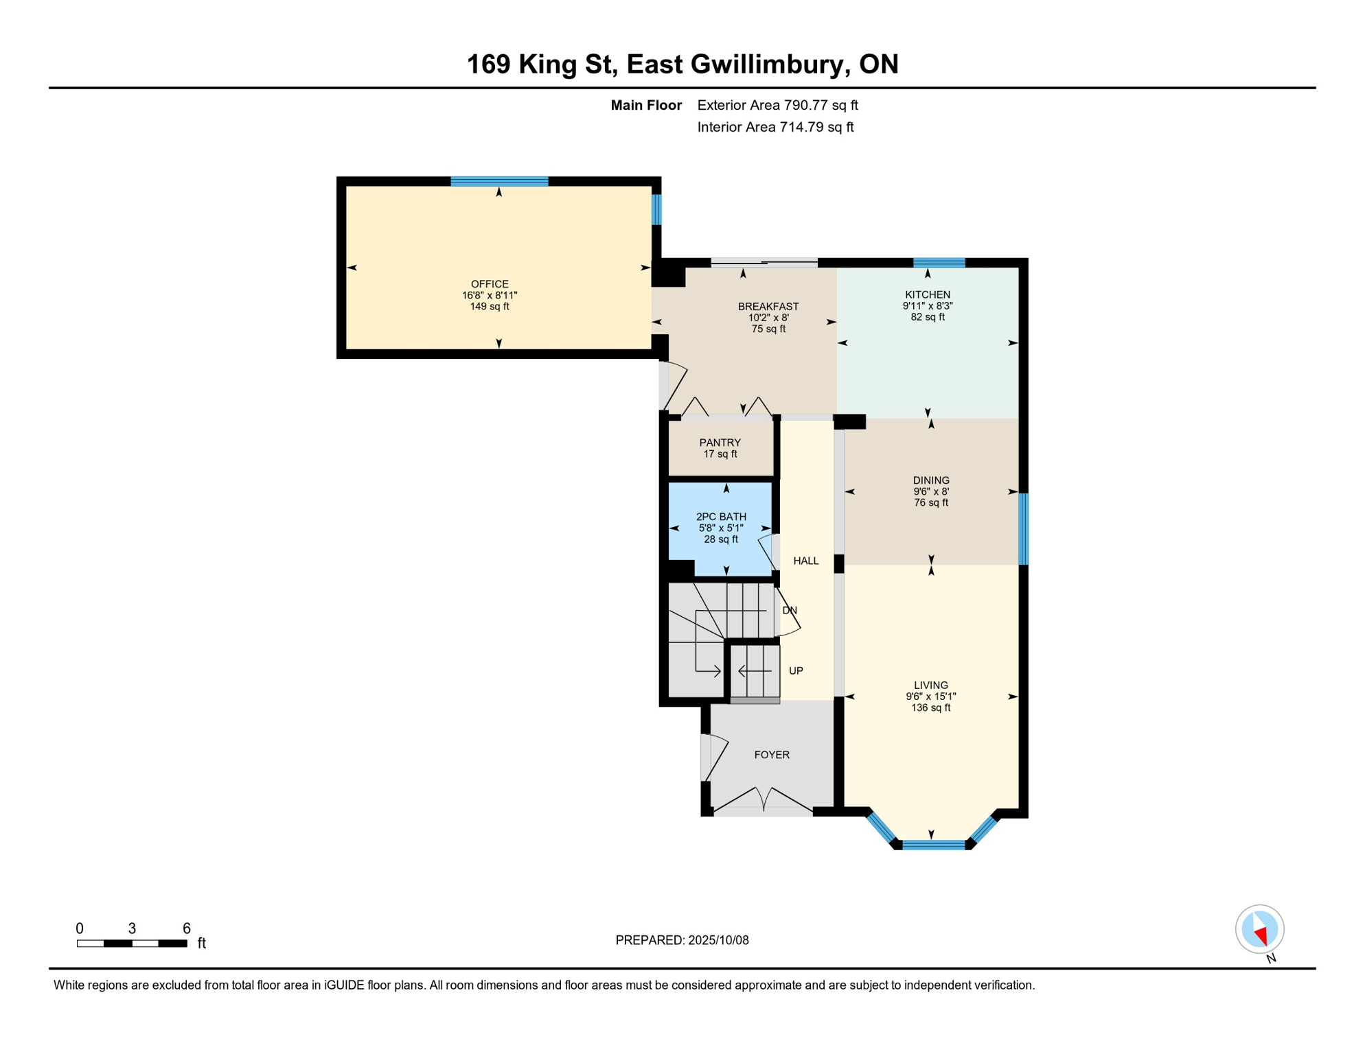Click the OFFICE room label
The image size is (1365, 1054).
[x=489, y=284]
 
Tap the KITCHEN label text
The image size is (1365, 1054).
[x=927, y=294]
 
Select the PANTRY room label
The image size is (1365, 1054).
[x=720, y=443]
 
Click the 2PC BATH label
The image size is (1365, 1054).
[x=720, y=517]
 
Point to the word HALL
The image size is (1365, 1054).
[x=805, y=561]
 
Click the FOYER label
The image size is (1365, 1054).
[x=771, y=754]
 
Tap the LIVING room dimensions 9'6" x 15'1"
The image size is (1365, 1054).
[x=930, y=696]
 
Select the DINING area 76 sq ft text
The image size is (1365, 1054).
[x=930, y=502]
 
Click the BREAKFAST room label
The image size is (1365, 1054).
[x=768, y=307]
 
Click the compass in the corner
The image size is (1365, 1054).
[x=1259, y=928]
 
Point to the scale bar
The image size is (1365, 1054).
[x=132, y=944]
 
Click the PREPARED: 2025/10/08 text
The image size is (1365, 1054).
[x=682, y=940]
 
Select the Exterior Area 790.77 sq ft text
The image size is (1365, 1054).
[x=777, y=105]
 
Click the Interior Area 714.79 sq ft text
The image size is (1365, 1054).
[x=775, y=127]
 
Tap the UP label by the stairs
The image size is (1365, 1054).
[x=796, y=670]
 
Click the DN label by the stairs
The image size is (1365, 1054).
[x=790, y=610]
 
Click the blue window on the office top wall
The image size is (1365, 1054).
[x=499, y=182]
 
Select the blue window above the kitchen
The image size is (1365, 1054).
[x=939, y=262]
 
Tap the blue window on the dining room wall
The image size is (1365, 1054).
[x=1023, y=528]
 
